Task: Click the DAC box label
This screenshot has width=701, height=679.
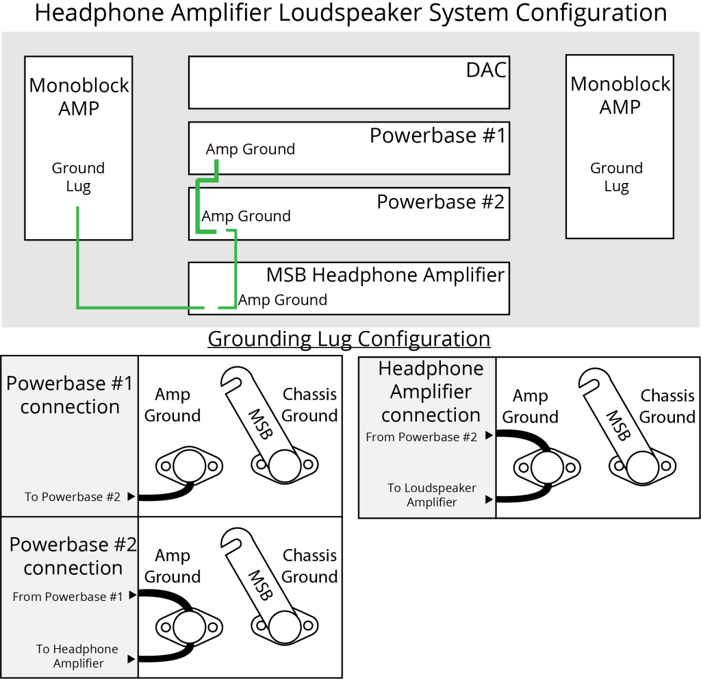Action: pyautogui.click(x=486, y=70)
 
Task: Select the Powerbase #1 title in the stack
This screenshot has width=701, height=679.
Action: pyautogui.click(x=437, y=136)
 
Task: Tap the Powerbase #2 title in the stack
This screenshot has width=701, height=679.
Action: pyautogui.click(x=440, y=202)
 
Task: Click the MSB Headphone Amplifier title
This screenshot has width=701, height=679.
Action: pyautogui.click(x=385, y=275)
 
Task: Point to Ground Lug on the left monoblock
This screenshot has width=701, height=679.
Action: pyautogui.click(x=78, y=177)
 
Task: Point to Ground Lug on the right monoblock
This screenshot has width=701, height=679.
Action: pyautogui.click(x=616, y=177)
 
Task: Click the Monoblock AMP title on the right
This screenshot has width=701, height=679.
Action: pyautogui.click(x=620, y=95)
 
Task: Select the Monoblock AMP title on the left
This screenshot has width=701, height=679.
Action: pyautogui.click(x=79, y=97)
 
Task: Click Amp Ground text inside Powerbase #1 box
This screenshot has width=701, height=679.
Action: pyautogui.click(x=251, y=149)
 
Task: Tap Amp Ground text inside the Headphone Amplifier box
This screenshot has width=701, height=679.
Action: pyautogui.click(x=283, y=300)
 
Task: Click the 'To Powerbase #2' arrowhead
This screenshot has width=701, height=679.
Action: pyautogui.click(x=131, y=497)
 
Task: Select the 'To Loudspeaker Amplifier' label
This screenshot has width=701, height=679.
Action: pyautogui.click(x=431, y=495)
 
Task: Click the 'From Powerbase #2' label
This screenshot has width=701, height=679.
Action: pyautogui.click(x=421, y=436)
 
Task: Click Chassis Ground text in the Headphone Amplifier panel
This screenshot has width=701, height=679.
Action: pyautogui.click(x=667, y=406)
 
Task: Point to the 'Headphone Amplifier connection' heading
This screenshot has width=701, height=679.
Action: pyautogui.click(x=431, y=392)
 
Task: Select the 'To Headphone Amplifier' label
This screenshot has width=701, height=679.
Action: pyautogui.click(x=77, y=656)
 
